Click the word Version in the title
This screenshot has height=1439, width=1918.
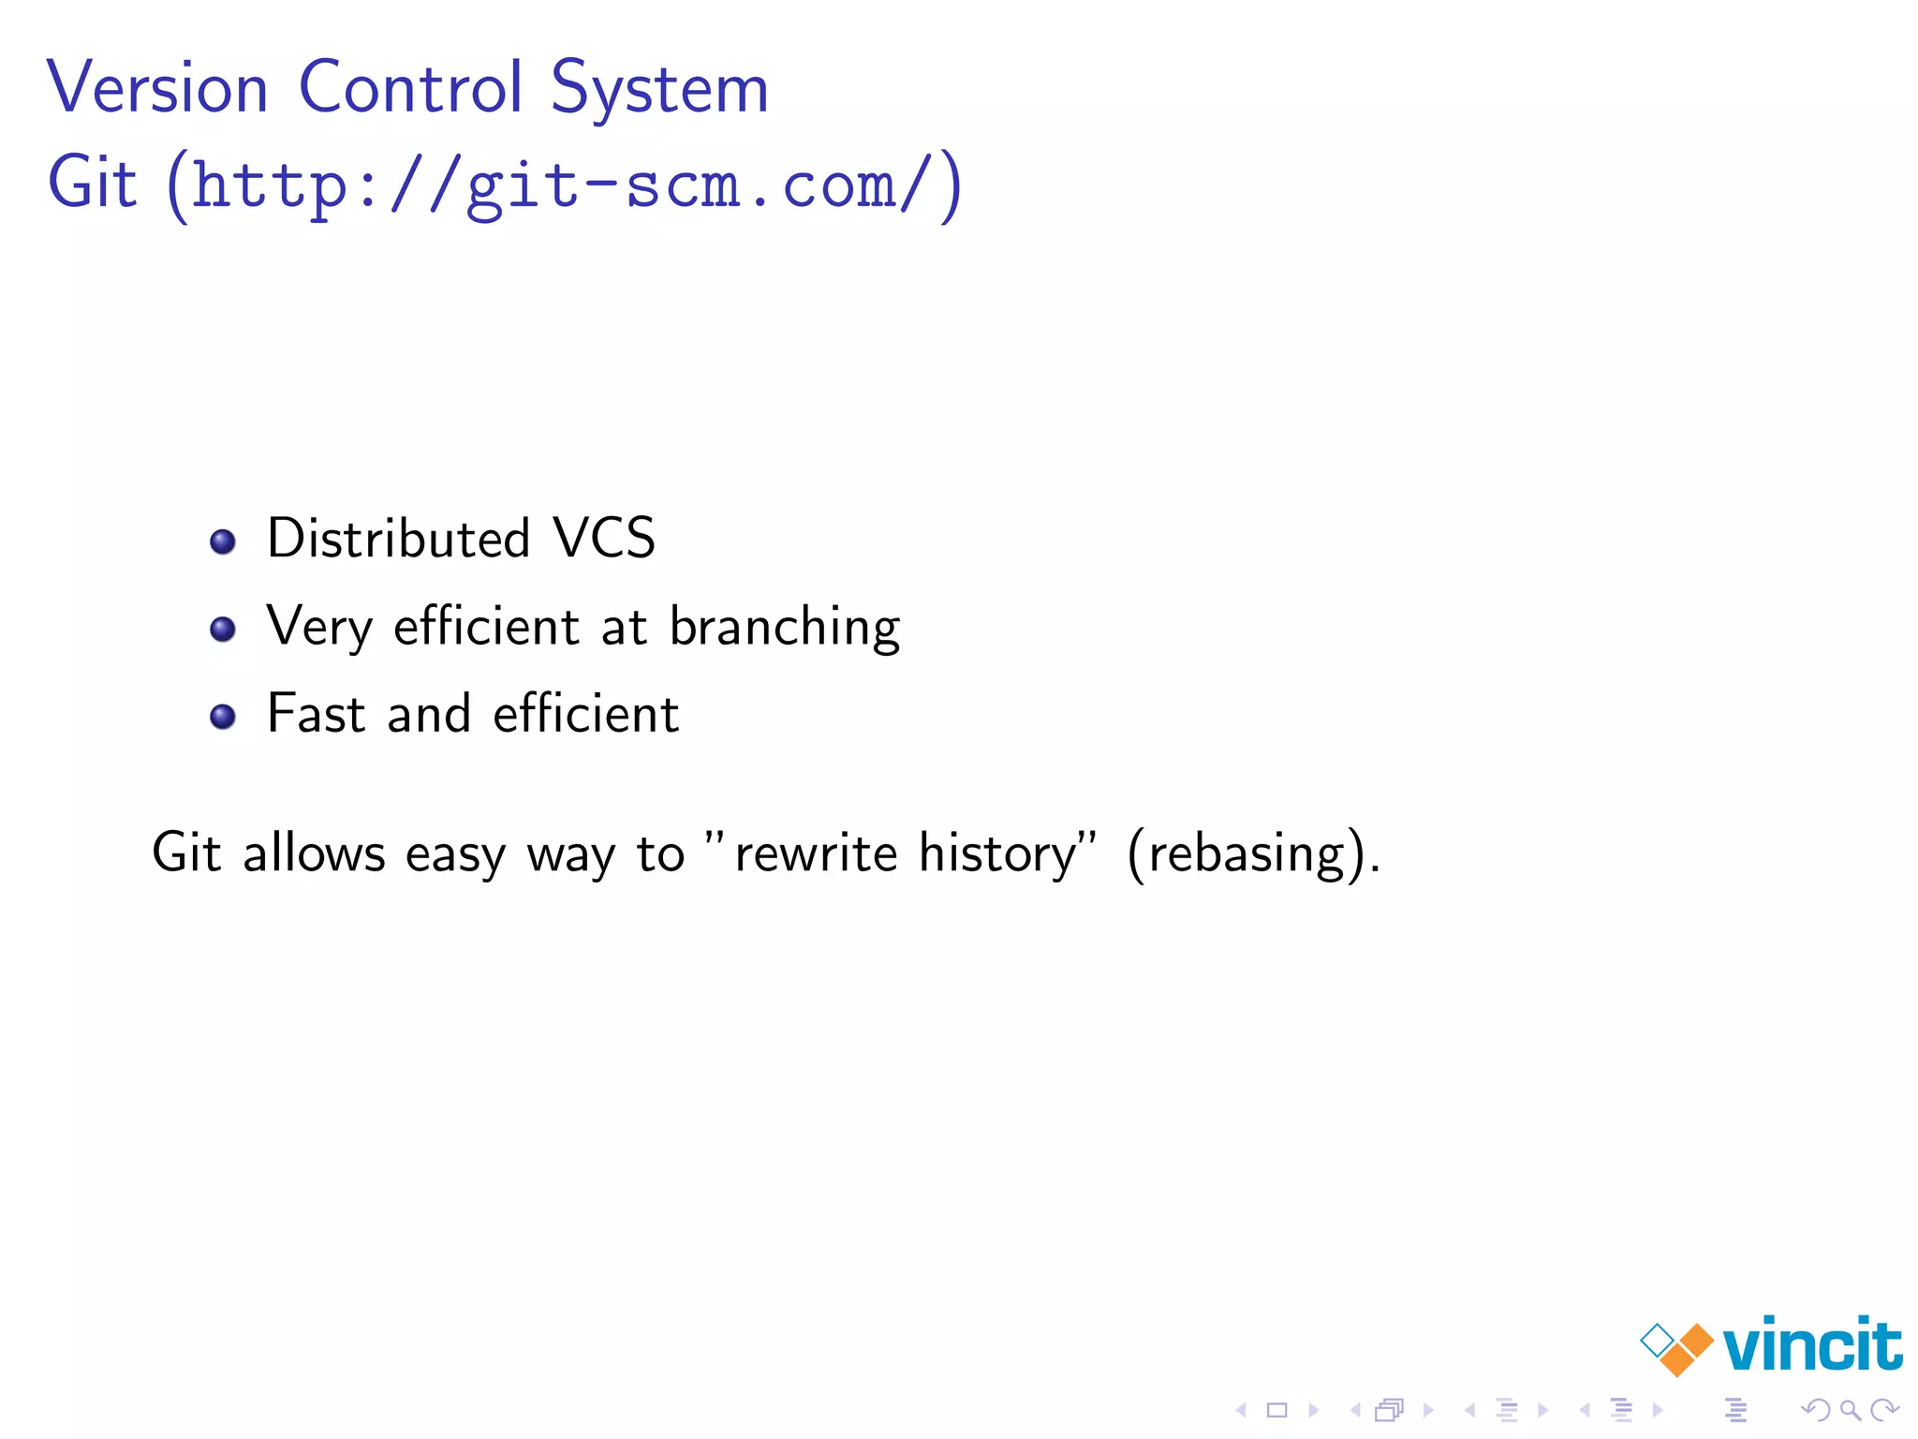pos(157,88)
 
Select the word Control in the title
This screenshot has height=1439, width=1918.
pos(410,88)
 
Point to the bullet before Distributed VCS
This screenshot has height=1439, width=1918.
pos(223,541)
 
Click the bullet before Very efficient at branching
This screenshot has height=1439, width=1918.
pos(223,629)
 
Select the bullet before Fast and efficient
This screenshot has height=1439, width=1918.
pos(223,717)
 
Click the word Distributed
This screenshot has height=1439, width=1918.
pos(399,539)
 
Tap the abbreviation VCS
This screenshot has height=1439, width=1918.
pos(604,539)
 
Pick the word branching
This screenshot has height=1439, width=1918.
pos(785,628)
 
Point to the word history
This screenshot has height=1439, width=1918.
pos(998,853)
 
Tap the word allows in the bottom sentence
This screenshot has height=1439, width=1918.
pos(314,853)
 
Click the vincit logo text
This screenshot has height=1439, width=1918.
pos(1812,1345)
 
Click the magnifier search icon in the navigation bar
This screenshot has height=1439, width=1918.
pos(1850,1410)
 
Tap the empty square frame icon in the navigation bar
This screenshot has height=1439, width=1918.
pos(1277,1410)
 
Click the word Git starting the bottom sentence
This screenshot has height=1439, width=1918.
pos(186,853)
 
